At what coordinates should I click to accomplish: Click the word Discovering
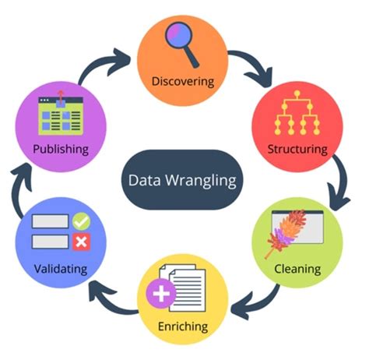(x=184, y=80)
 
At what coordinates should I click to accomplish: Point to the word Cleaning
(x=297, y=269)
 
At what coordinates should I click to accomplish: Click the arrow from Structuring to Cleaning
(x=340, y=184)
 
